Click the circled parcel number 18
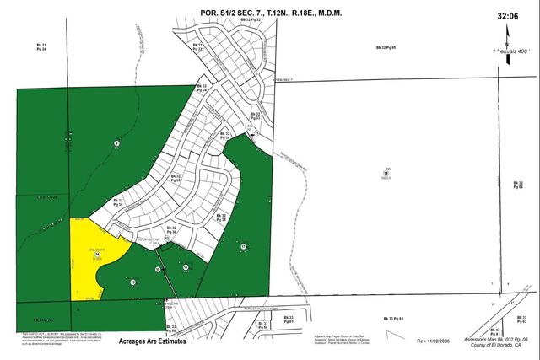coord(386,171)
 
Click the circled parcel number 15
coord(133,282)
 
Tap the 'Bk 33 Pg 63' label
coord(521,320)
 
